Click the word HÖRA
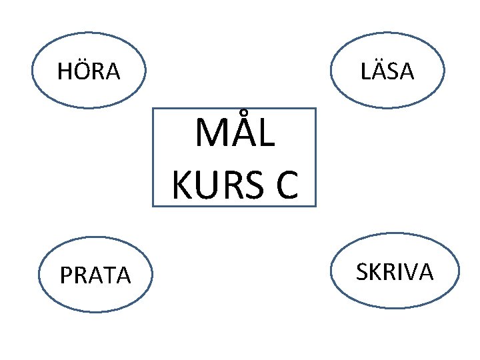[x=89, y=71]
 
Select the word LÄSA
[x=388, y=71]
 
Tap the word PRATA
[x=95, y=275]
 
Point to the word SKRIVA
[x=395, y=272]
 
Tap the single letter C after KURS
[x=284, y=185]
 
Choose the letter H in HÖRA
[x=65, y=71]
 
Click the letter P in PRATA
[x=65, y=275]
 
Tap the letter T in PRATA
[x=108, y=275]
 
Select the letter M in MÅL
[x=210, y=135]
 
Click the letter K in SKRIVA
[x=375, y=272]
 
